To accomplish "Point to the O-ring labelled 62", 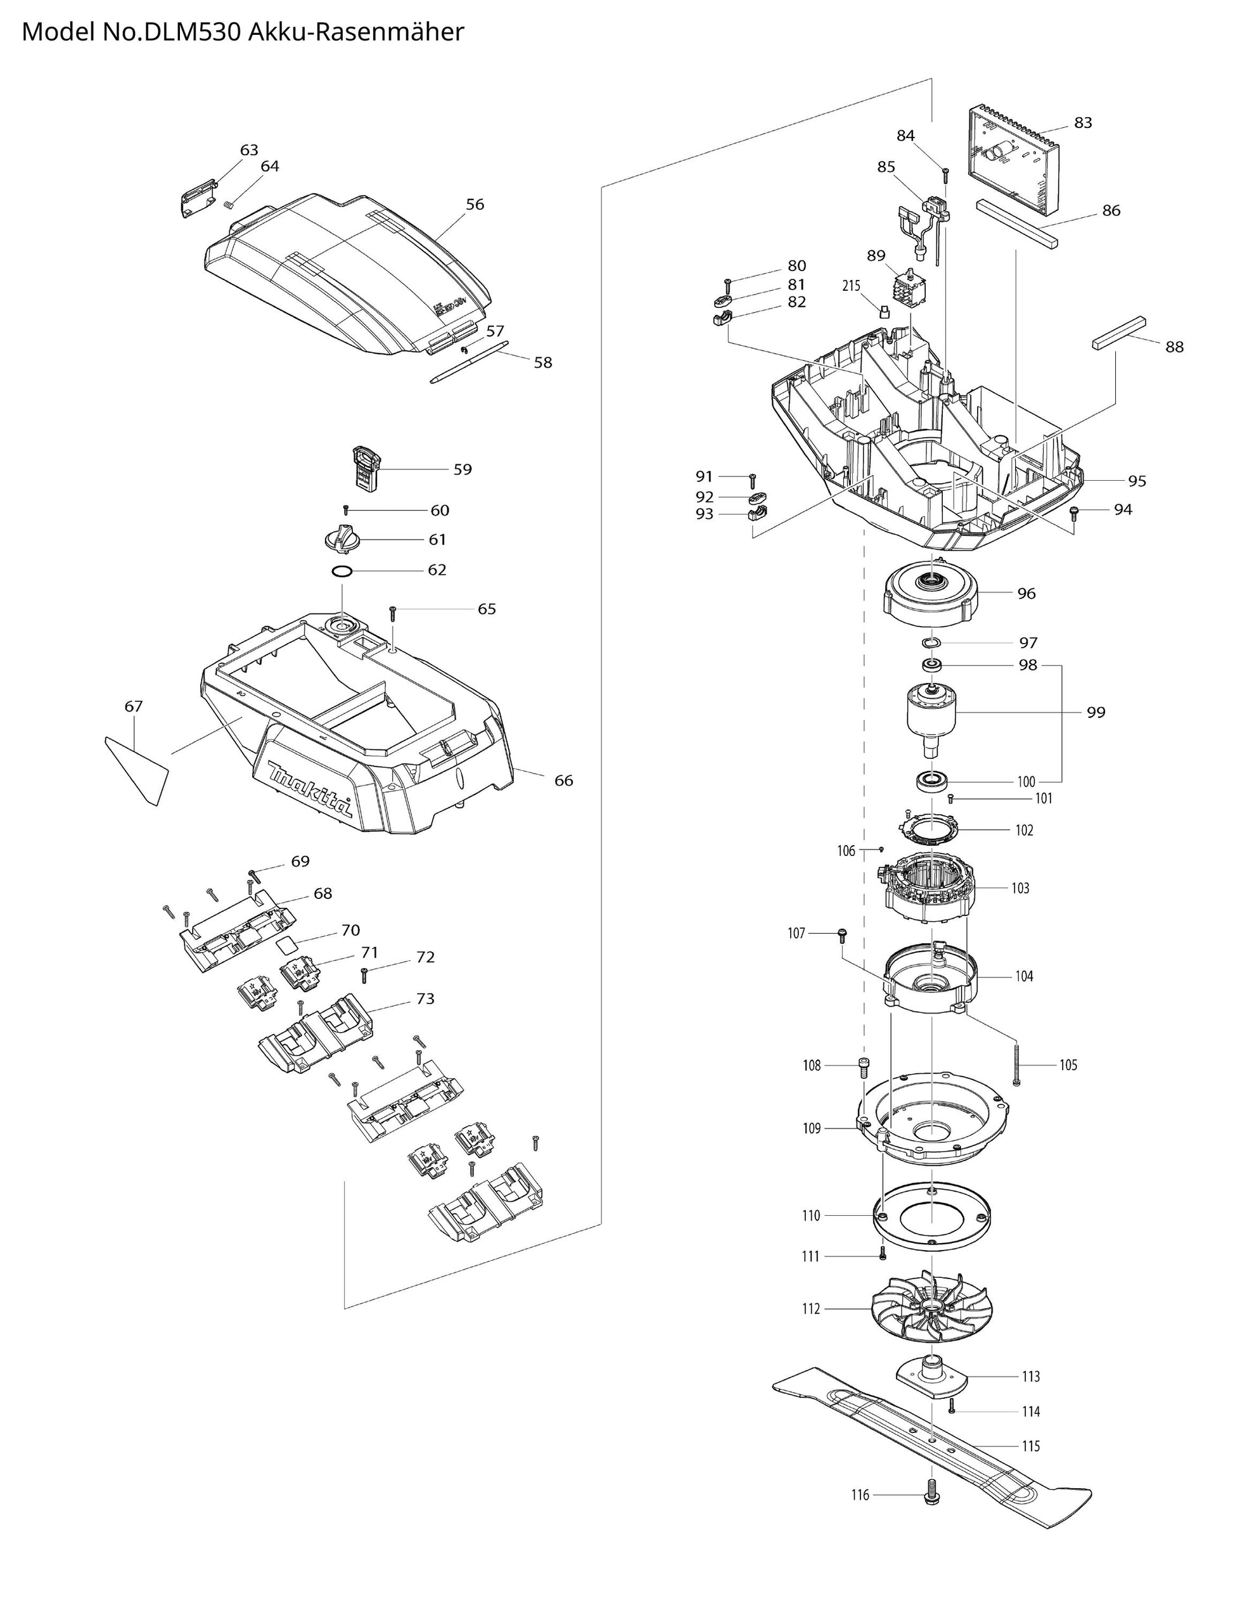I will [x=342, y=571].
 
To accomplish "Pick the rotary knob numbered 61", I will [x=342, y=540].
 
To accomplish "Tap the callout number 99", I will [x=1095, y=711].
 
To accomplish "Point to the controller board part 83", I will [x=1014, y=162].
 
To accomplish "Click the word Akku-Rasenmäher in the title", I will [x=356, y=32].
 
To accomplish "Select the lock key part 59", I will [x=366, y=468].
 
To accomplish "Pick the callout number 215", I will [x=851, y=286].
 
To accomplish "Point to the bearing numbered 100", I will [x=933, y=781].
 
